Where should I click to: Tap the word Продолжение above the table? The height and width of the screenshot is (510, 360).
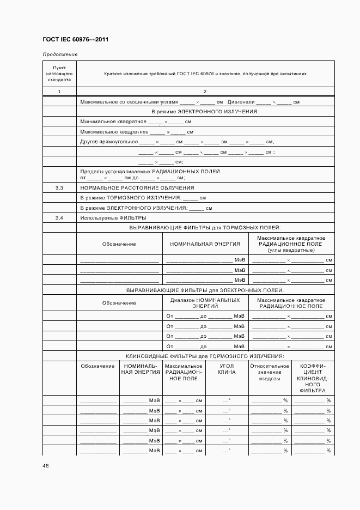point(60,54)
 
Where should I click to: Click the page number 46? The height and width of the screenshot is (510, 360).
point(45,466)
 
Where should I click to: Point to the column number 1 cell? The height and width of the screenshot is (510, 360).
point(59,91)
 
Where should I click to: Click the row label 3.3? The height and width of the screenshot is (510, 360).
point(59,187)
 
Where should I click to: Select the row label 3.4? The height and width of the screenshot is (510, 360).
point(59,218)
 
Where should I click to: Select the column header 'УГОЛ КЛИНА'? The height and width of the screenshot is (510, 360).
point(227,369)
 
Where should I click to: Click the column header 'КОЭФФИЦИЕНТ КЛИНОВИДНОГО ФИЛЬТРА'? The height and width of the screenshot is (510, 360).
point(312,378)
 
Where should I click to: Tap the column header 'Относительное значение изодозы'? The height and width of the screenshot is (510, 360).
point(270,372)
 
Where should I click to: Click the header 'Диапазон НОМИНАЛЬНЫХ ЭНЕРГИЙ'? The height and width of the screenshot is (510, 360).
point(205,303)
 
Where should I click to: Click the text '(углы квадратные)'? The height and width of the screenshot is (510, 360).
point(291,250)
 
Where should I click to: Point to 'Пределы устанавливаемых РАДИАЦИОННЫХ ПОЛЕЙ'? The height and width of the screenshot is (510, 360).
point(150,171)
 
